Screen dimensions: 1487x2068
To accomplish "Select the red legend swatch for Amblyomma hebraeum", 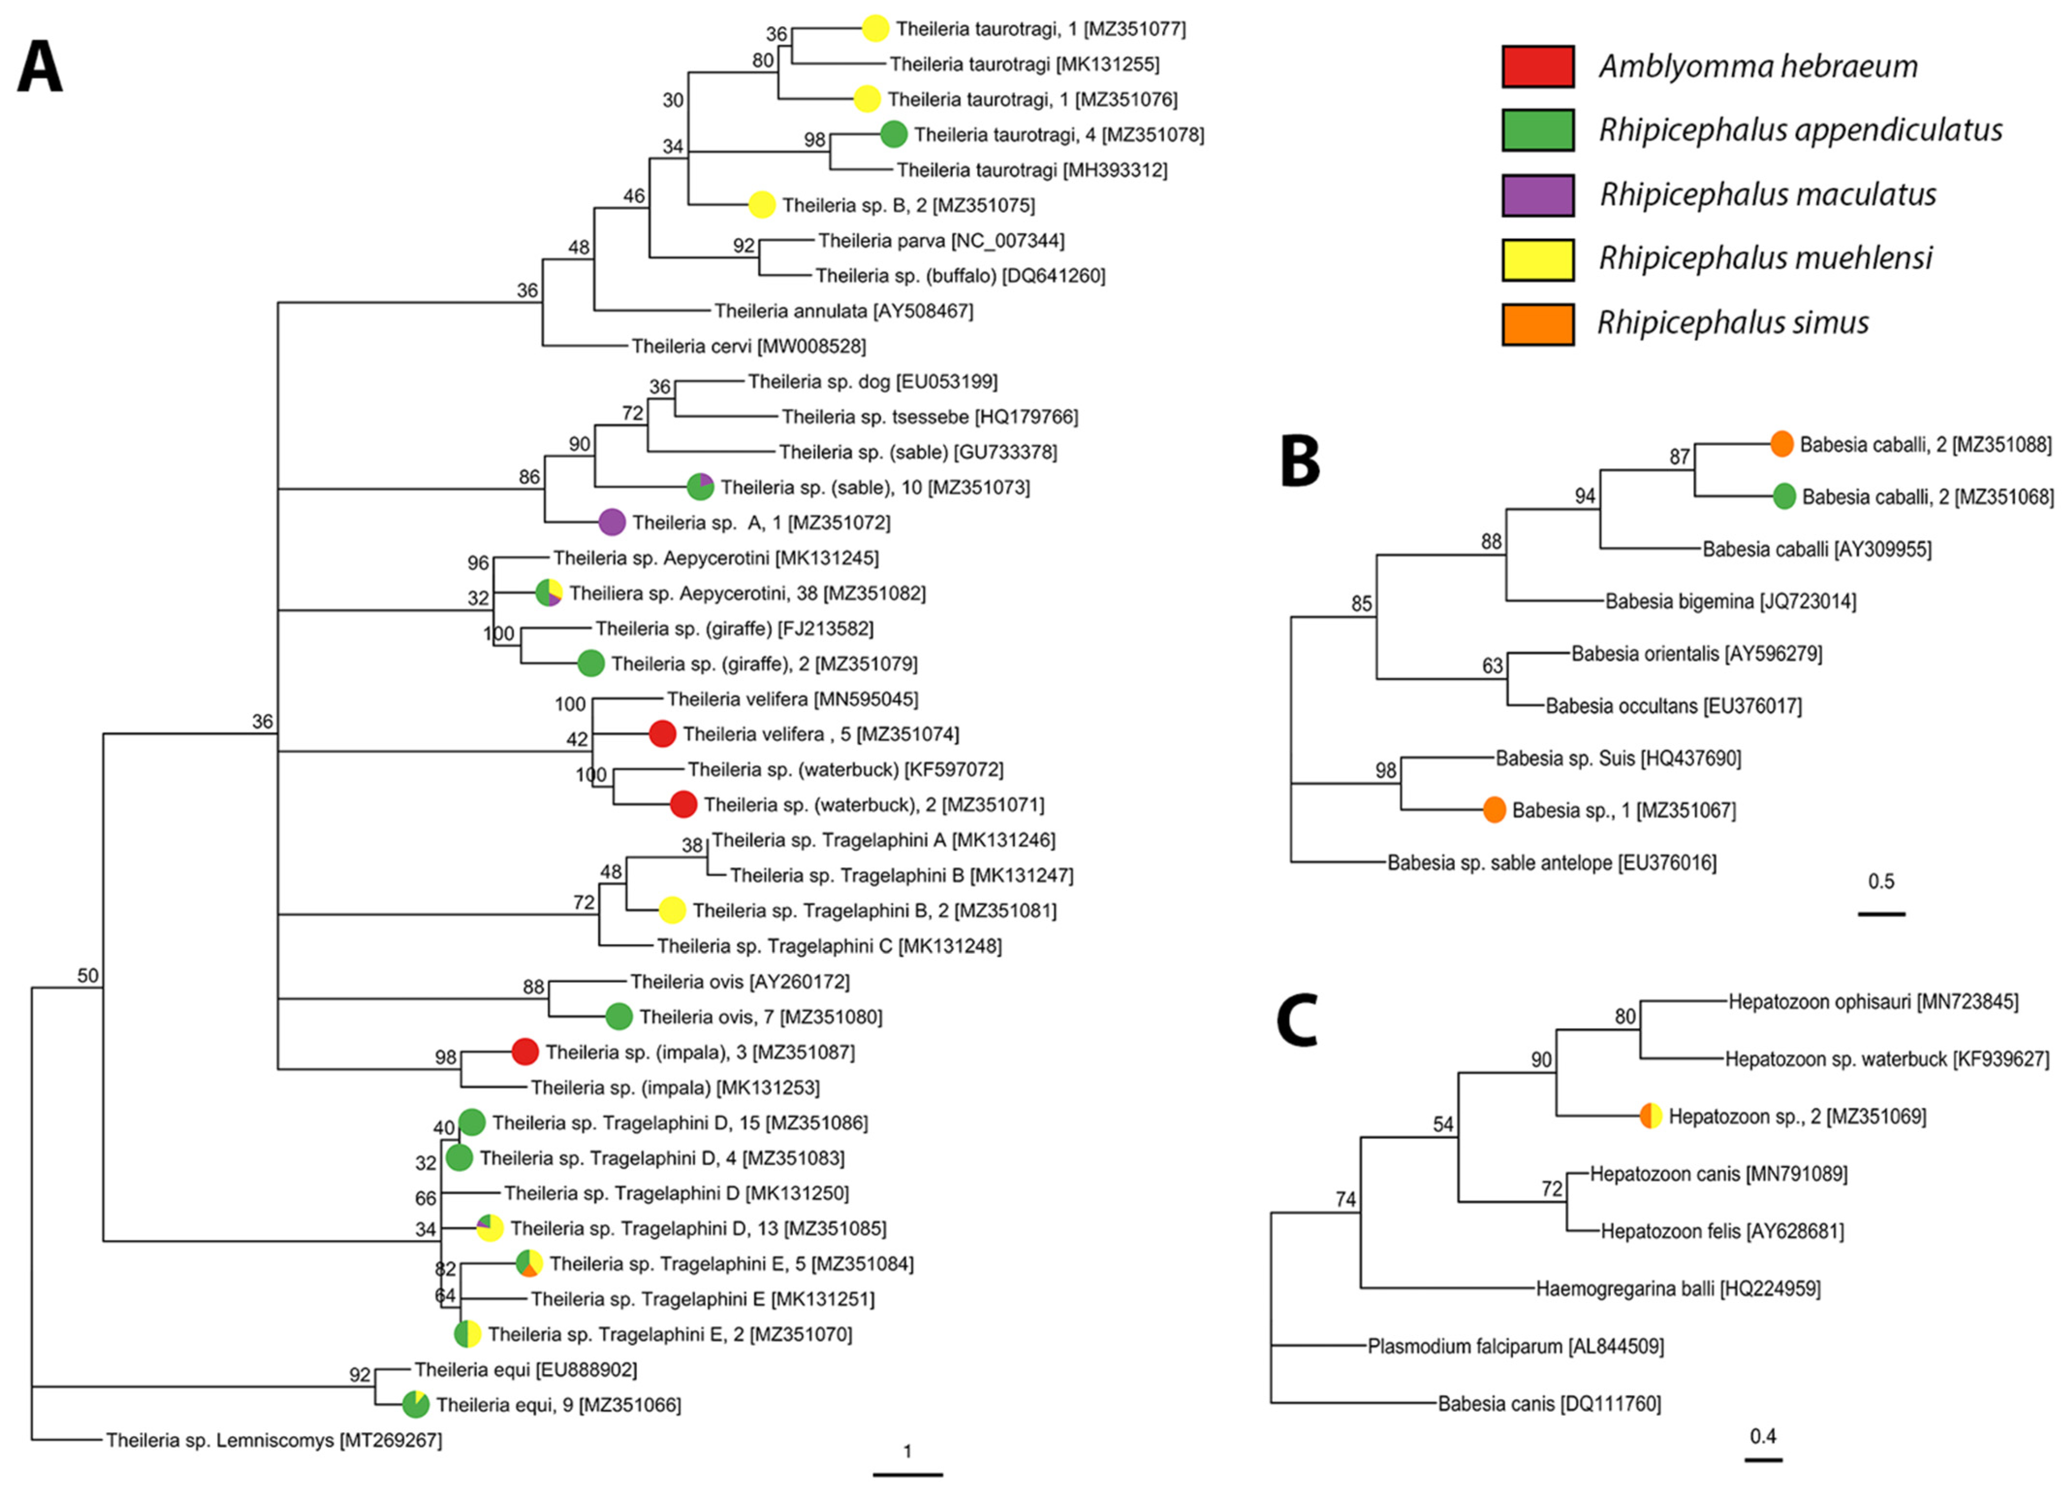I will tap(1537, 66).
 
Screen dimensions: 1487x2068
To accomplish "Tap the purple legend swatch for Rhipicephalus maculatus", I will tap(1537, 195).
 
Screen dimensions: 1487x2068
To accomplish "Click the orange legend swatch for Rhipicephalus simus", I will tap(1537, 324).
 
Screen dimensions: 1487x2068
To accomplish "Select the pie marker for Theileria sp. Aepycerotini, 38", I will tap(549, 593).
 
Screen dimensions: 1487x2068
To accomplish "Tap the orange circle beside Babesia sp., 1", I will tap(1493, 809).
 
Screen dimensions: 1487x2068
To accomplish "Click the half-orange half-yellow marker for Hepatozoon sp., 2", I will tap(1650, 1116).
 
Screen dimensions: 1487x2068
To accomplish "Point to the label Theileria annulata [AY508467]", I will tap(844, 311).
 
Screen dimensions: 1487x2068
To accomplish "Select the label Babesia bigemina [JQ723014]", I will tap(1730, 601).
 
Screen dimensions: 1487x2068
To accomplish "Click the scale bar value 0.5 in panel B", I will tap(1880, 881).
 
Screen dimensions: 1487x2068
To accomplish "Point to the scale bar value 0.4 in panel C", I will tap(1763, 1436).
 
